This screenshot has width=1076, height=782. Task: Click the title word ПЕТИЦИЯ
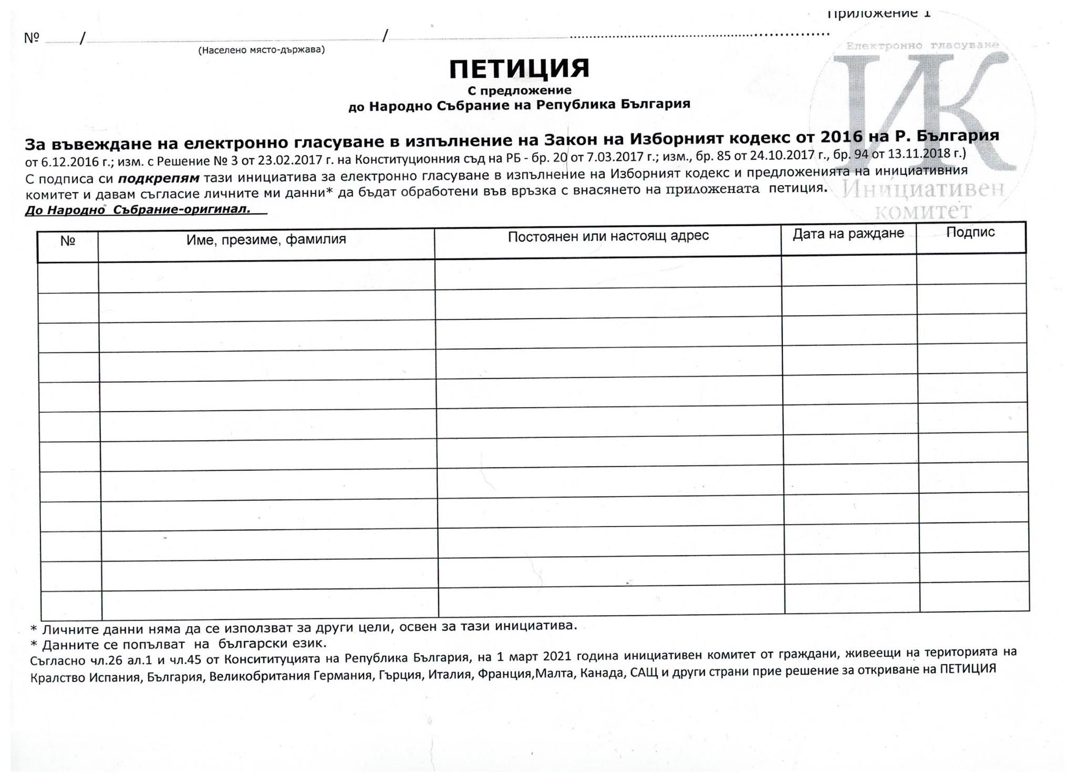coord(519,69)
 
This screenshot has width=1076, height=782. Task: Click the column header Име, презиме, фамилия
coord(266,240)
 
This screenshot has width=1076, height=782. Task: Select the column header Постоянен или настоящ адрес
coord(608,236)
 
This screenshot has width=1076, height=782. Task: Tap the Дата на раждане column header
coord(848,234)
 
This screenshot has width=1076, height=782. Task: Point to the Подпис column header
coord(970,232)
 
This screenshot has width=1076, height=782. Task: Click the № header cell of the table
coord(68,241)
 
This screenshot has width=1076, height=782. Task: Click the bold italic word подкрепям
coord(159,178)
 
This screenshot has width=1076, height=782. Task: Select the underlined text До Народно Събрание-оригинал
coord(138,210)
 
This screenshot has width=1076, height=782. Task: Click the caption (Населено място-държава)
coord(261,50)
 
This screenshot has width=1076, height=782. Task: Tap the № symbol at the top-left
coord(32,38)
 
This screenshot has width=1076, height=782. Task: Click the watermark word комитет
coord(923,212)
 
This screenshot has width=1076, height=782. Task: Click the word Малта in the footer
coord(551,673)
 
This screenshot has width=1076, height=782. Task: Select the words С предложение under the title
coord(519,90)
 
